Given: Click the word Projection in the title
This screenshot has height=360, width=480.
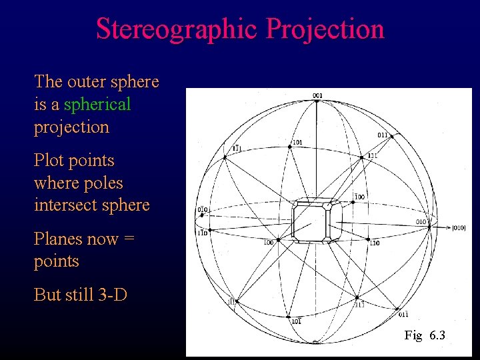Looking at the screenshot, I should (325, 29).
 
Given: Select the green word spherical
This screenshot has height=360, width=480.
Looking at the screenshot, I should (97, 105).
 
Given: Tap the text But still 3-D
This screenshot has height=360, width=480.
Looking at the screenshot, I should (81, 295).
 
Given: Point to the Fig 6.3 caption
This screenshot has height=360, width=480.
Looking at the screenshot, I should (425, 335).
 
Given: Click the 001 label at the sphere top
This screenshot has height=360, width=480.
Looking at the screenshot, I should (317, 95).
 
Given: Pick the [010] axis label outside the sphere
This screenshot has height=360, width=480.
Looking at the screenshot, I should (459, 228).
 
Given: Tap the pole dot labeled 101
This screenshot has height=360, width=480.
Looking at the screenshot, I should (291, 148).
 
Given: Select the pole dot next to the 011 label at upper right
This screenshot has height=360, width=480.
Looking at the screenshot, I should (391, 136).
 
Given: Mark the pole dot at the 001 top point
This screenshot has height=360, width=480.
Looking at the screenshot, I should (317, 101).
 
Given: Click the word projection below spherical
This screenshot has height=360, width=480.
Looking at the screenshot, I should (71, 127).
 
